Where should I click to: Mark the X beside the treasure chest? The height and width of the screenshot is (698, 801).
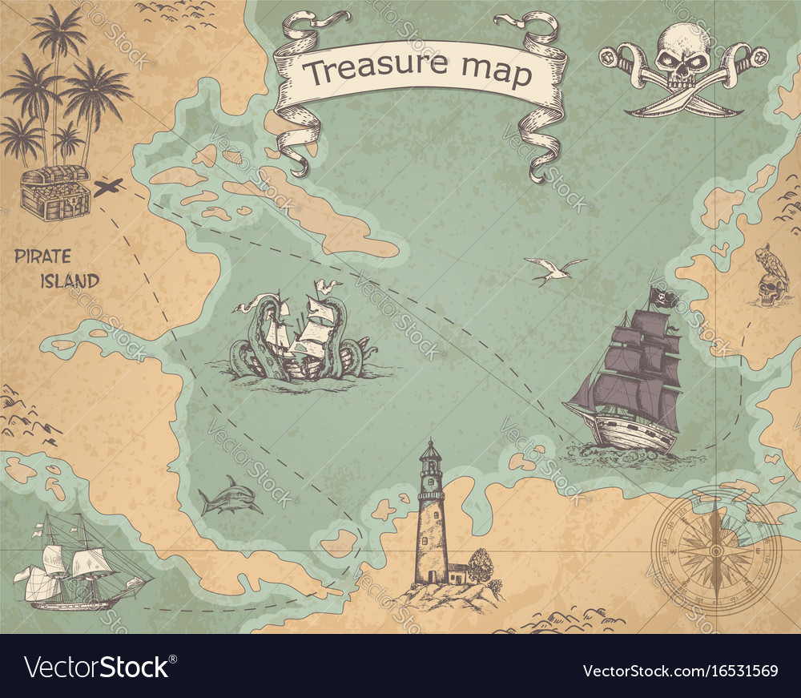(107, 188)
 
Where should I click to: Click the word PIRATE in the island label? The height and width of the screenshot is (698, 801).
(42, 257)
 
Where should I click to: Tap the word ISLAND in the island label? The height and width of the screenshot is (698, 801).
(70, 281)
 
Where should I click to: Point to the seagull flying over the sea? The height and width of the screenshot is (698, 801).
(554, 271)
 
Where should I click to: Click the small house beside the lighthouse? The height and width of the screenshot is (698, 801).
(457, 573)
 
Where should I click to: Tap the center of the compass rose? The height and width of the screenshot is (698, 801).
(714, 551)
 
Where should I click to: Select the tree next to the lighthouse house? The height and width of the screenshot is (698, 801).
(481, 565)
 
